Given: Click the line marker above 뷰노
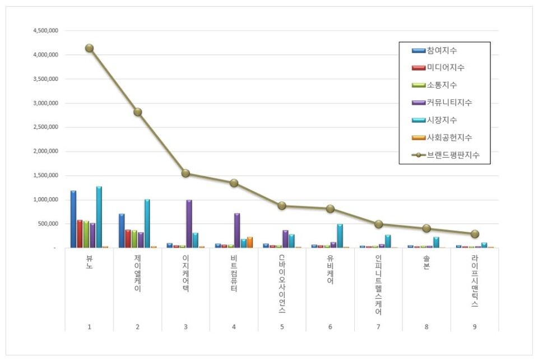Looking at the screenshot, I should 89,48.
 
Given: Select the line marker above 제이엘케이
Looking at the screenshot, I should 137,112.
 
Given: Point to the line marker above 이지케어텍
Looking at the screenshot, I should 185,173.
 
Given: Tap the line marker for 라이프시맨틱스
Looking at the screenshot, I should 475,234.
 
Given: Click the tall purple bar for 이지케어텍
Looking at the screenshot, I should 189,224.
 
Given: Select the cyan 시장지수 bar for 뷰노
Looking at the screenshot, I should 99,217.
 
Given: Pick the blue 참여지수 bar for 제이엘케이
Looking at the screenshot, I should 122,230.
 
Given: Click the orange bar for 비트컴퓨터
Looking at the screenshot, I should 250,242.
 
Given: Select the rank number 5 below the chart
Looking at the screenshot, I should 282,326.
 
